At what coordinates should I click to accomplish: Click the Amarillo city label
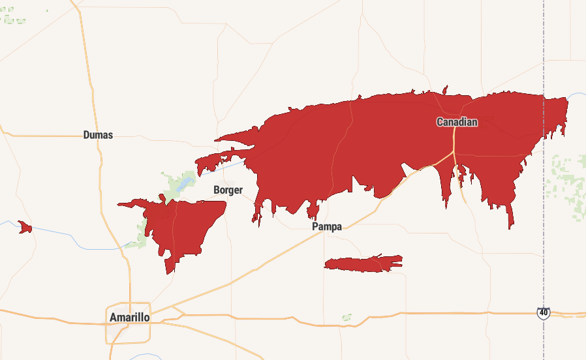(130, 318)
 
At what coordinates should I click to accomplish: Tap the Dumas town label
(98, 135)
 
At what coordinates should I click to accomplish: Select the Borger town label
(228, 190)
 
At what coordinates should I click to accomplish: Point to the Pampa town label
(327, 226)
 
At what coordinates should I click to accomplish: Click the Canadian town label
(457, 122)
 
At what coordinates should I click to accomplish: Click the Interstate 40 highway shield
(543, 314)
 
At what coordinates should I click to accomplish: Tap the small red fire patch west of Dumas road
(25, 227)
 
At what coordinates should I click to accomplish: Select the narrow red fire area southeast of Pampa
(362, 263)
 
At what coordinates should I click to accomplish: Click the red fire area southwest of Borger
(183, 225)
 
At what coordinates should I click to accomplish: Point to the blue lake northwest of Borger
(185, 182)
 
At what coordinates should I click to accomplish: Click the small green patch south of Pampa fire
(347, 318)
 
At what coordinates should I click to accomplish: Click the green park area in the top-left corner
(13, 18)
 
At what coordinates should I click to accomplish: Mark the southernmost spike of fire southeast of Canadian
(510, 225)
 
